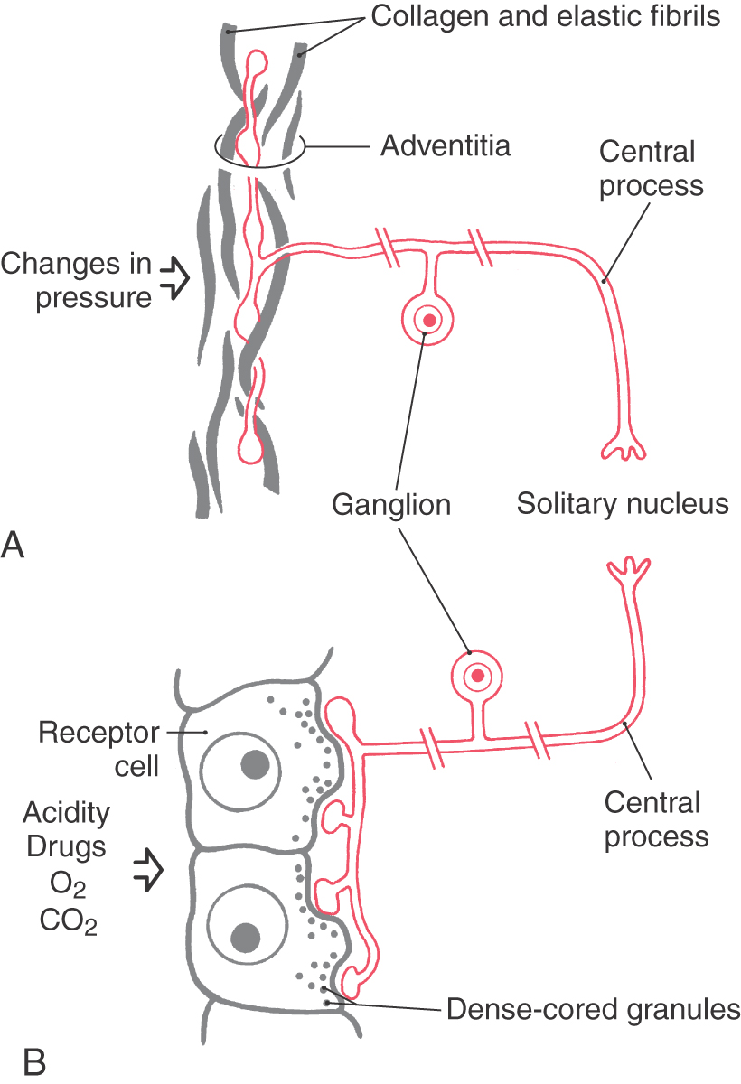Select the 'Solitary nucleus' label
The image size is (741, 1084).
click(x=623, y=503)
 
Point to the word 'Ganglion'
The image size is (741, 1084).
click(x=391, y=503)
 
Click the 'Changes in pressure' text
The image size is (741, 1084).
click(x=77, y=281)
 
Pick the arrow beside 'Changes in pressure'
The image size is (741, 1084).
click(x=176, y=279)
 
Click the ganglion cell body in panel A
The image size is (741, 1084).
click(x=428, y=320)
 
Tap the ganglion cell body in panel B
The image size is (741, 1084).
click(x=478, y=675)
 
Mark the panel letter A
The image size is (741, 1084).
click(x=15, y=545)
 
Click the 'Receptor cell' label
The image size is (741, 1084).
click(x=99, y=749)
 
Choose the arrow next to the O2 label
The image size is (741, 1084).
click(x=147, y=870)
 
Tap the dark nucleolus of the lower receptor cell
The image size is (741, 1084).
click(x=246, y=937)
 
